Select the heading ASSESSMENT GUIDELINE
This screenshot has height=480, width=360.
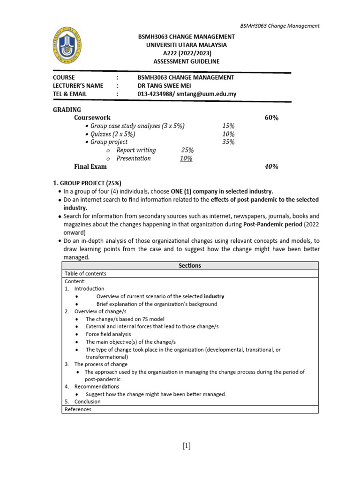186,61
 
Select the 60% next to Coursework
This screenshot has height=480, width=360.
271,118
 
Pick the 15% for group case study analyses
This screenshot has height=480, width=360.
228,126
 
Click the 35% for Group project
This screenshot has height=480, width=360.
228,142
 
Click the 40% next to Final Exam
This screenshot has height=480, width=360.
271,166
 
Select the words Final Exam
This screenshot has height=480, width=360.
90,166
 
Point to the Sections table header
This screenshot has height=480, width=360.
190,265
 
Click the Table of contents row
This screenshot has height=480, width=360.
85,273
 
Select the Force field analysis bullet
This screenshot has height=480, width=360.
108,334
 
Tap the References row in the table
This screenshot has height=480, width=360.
78,409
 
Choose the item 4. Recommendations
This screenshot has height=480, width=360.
92,387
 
